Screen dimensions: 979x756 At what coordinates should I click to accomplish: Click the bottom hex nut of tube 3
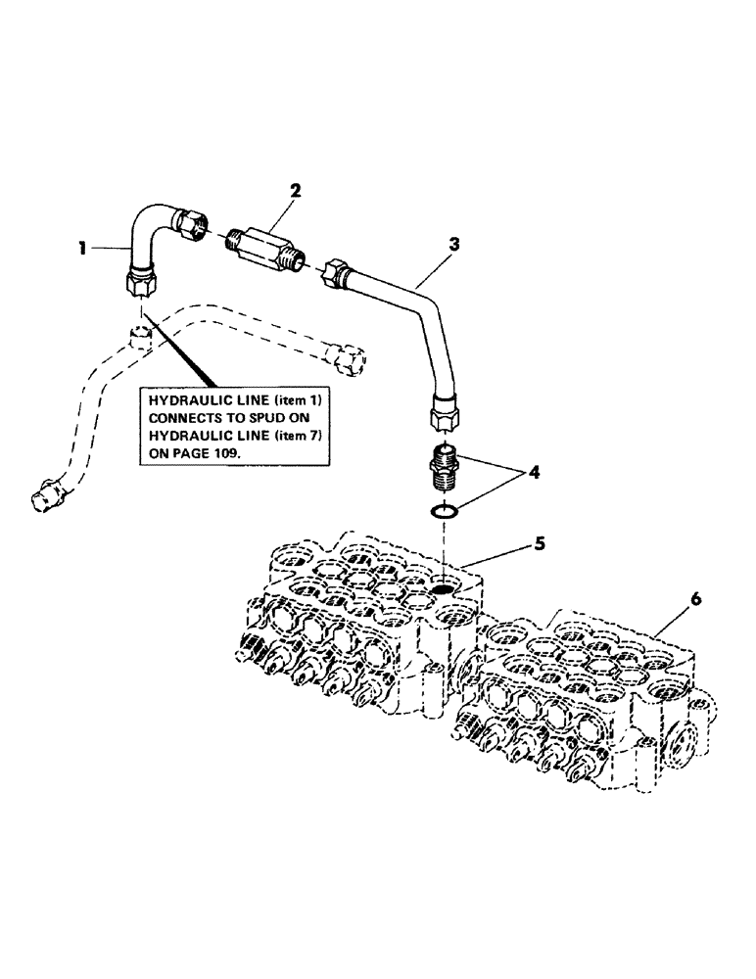tap(446, 415)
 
